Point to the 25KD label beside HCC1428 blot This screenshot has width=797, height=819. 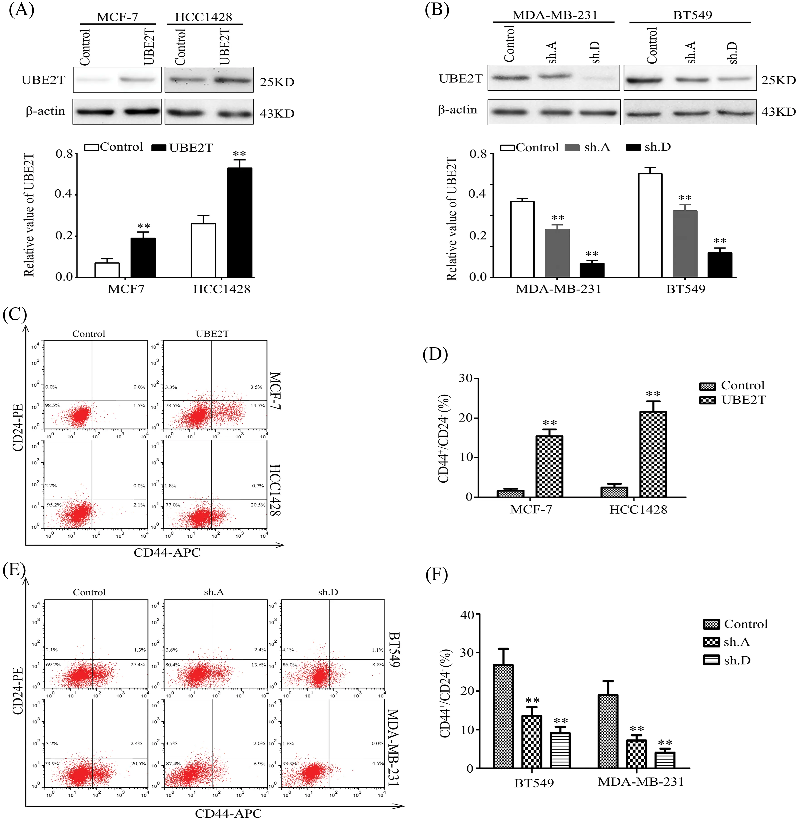(277, 82)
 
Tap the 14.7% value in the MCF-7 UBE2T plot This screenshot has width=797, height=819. (257, 405)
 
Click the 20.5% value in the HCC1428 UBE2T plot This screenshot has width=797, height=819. (258, 504)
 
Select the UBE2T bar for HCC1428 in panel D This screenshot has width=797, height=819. (653, 454)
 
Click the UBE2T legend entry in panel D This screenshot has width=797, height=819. (733, 400)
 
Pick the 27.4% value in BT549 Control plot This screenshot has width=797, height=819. (138, 665)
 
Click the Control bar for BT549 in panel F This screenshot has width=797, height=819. (503, 717)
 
